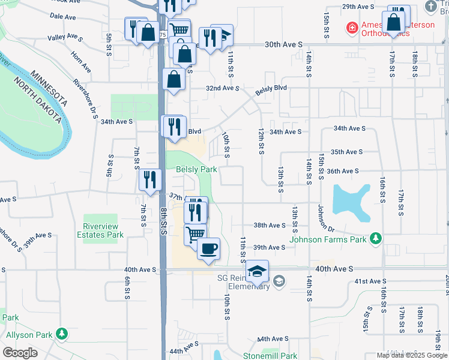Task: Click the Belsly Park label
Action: click(x=196, y=170)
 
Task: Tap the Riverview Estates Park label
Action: click(x=100, y=230)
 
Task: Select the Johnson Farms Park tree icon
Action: click(x=376, y=239)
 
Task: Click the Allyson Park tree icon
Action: click(x=61, y=333)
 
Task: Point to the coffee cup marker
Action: click(x=208, y=248)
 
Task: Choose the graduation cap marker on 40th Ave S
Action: click(x=257, y=271)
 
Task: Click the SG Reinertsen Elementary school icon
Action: click(x=279, y=280)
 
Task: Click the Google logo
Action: click(x=20, y=353)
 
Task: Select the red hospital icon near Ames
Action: click(x=351, y=28)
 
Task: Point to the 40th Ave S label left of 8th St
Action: click(x=140, y=270)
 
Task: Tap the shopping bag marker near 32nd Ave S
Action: click(x=173, y=79)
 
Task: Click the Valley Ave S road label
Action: click(x=65, y=37)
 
